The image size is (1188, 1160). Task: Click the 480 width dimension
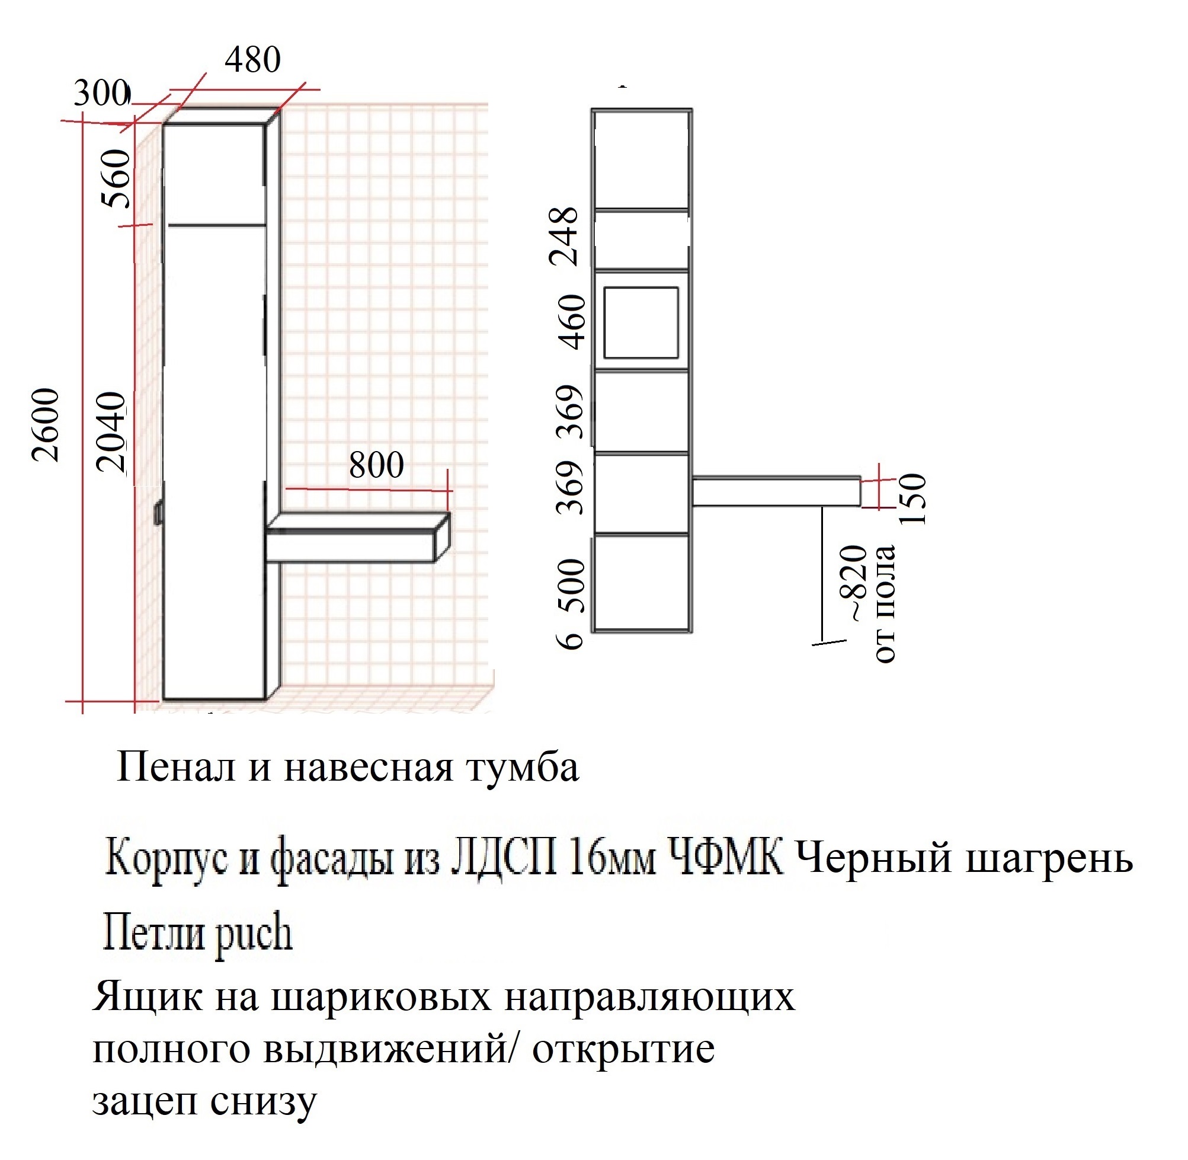point(252,60)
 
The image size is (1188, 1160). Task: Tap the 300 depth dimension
point(101,93)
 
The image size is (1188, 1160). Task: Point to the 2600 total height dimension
point(46,424)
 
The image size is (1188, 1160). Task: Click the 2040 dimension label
point(112,432)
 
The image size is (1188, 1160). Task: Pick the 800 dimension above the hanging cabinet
point(376,465)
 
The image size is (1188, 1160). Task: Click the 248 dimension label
point(563,237)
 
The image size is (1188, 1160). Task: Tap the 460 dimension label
point(572,322)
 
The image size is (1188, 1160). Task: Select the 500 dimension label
point(571,586)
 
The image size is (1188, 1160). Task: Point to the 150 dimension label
point(912,499)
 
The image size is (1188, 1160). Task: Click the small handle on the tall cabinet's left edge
point(158,513)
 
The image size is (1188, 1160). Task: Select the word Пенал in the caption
point(175,768)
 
